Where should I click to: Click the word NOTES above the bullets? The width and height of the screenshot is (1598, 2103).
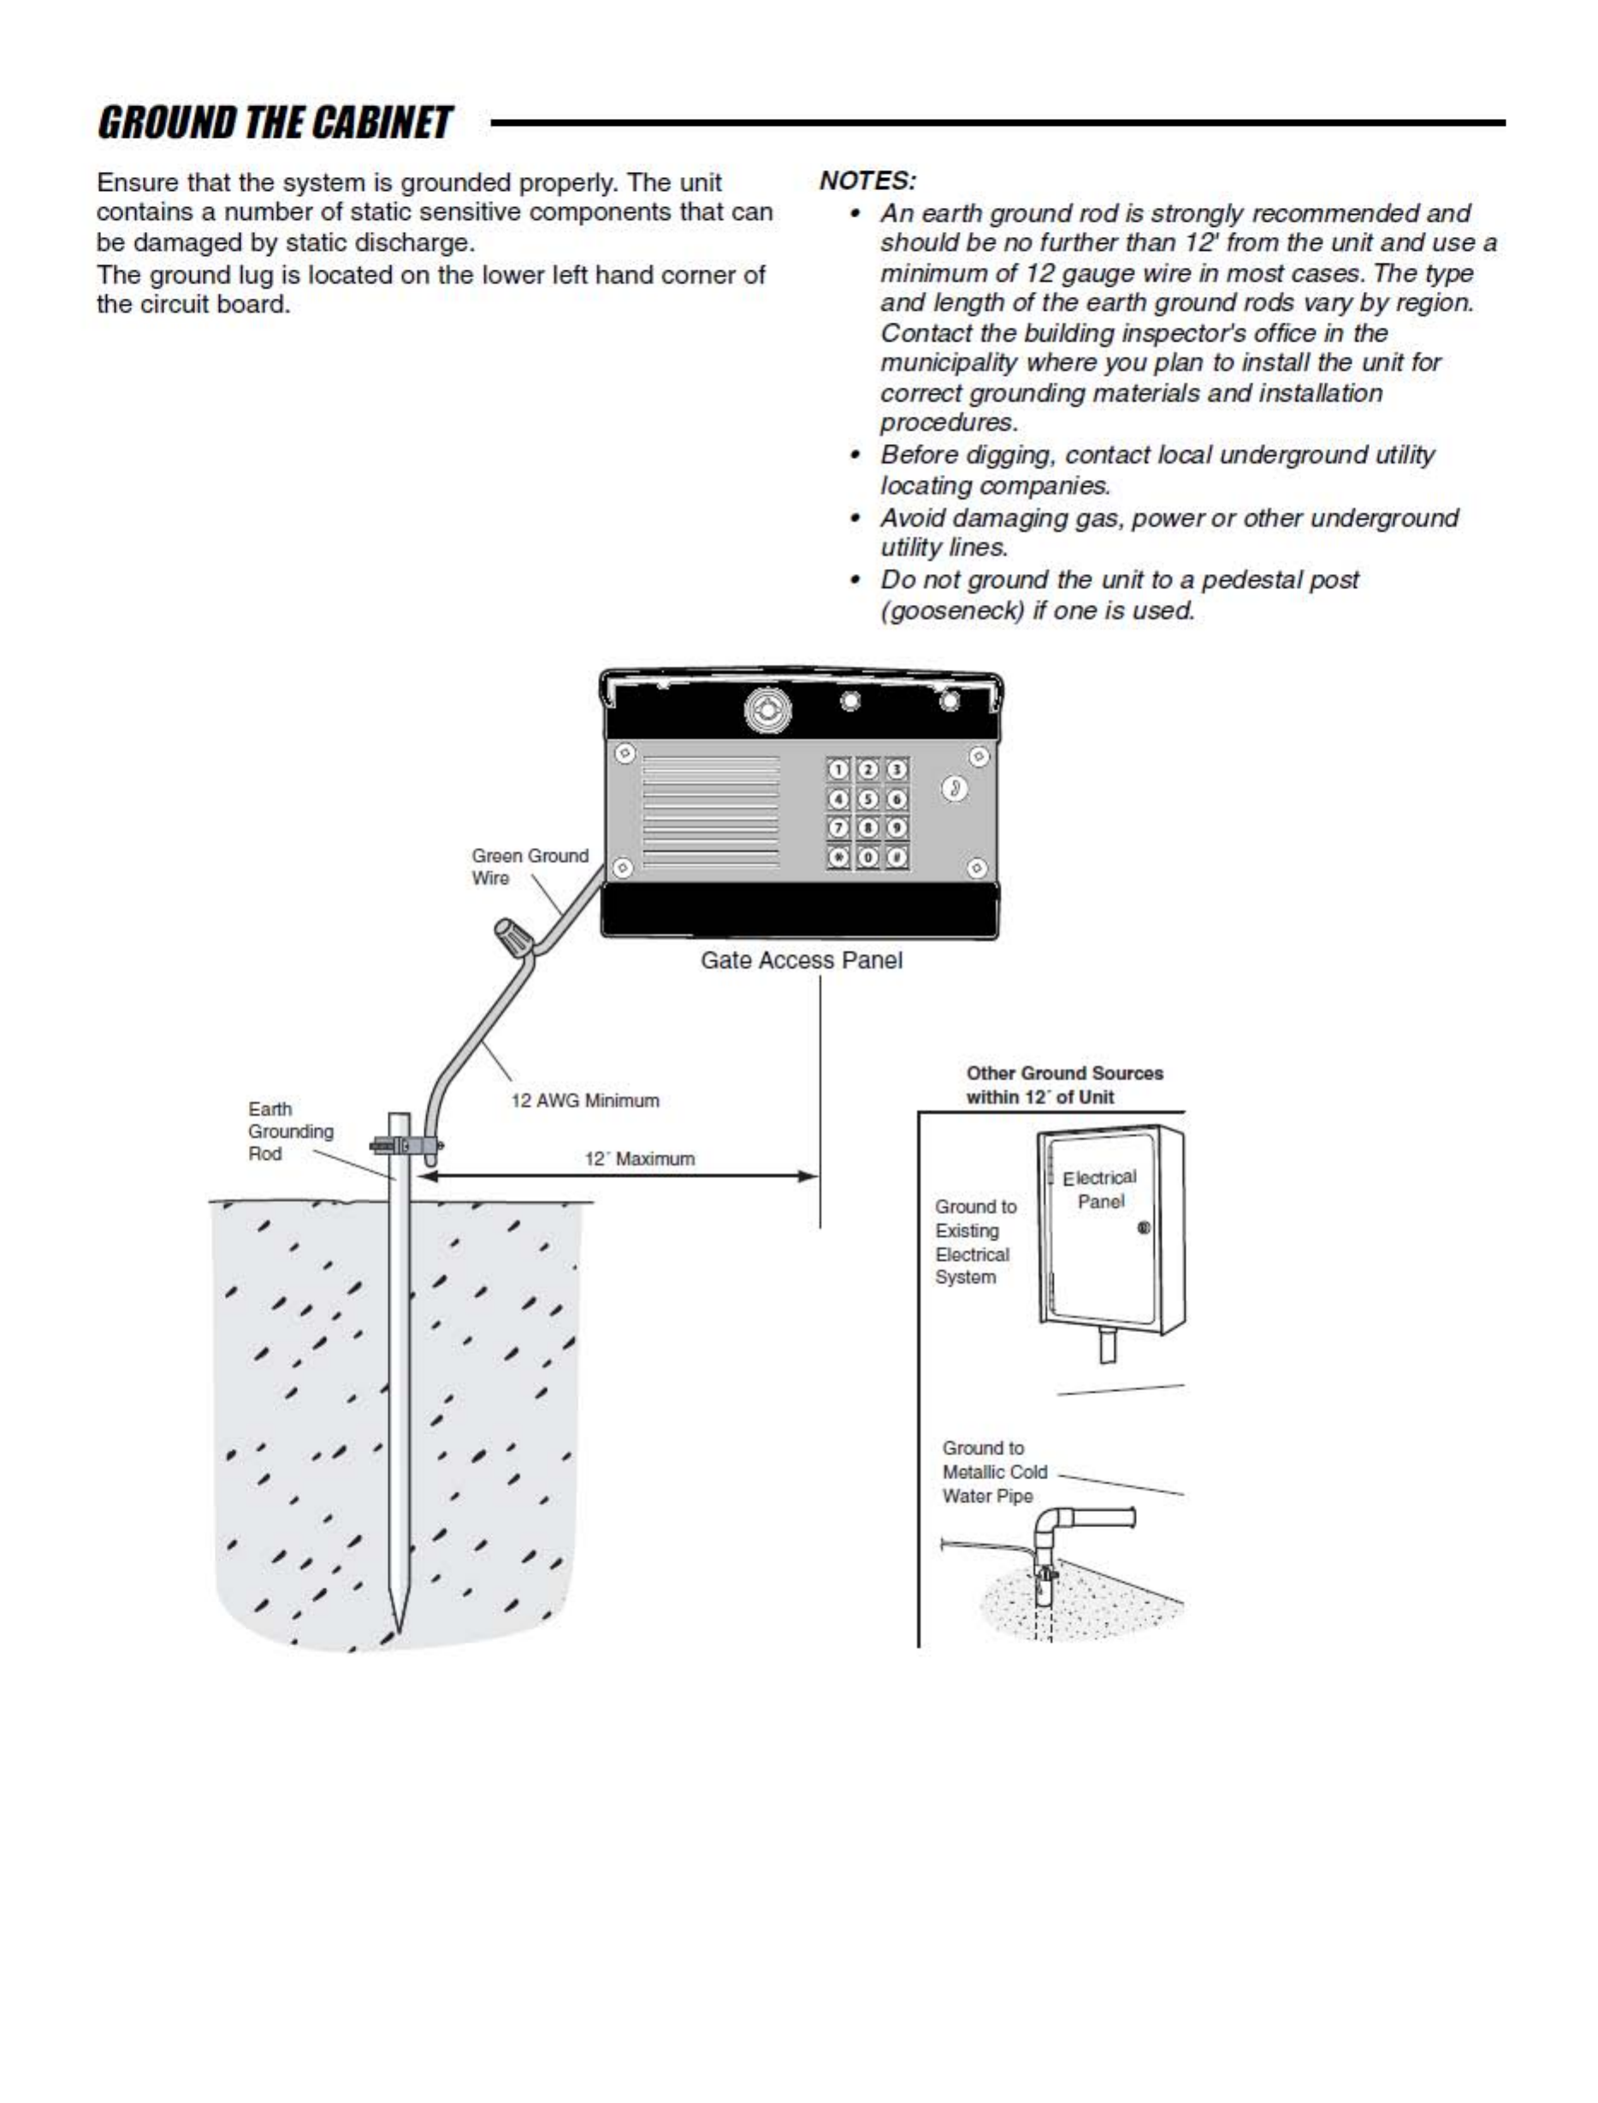click(x=866, y=181)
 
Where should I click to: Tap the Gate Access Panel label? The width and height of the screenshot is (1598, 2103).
click(x=801, y=961)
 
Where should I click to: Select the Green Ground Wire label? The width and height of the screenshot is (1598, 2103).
click(x=529, y=867)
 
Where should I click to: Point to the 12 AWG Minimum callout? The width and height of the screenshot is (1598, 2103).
click(x=584, y=1100)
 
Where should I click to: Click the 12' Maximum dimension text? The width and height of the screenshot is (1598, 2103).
click(x=639, y=1158)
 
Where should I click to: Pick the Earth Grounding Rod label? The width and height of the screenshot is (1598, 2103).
click(x=289, y=1131)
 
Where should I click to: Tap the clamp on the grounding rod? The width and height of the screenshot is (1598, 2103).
click(x=405, y=1144)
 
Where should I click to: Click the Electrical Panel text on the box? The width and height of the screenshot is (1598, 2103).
click(x=1099, y=1189)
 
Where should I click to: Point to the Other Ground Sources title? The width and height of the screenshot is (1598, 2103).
click(x=1063, y=1084)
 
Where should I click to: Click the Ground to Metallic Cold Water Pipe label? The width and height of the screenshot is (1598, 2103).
click(x=993, y=1472)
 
